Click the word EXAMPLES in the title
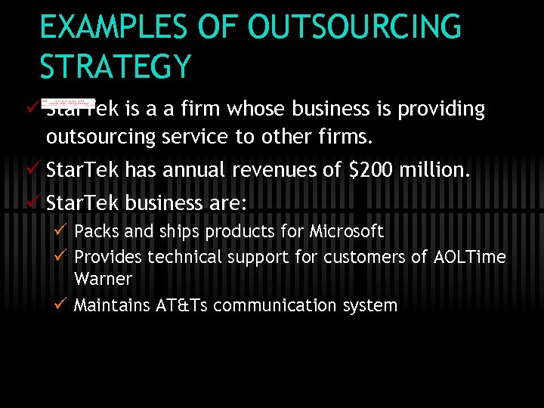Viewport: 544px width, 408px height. click(x=113, y=28)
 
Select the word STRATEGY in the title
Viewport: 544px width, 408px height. click(x=116, y=66)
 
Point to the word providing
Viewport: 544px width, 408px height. click(x=441, y=110)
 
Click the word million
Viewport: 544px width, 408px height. click(x=437, y=171)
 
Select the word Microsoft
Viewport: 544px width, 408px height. click(x=347, y=231)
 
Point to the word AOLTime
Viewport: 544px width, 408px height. click(x=470, y=257)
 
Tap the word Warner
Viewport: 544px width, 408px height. click(x=104, y=279)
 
